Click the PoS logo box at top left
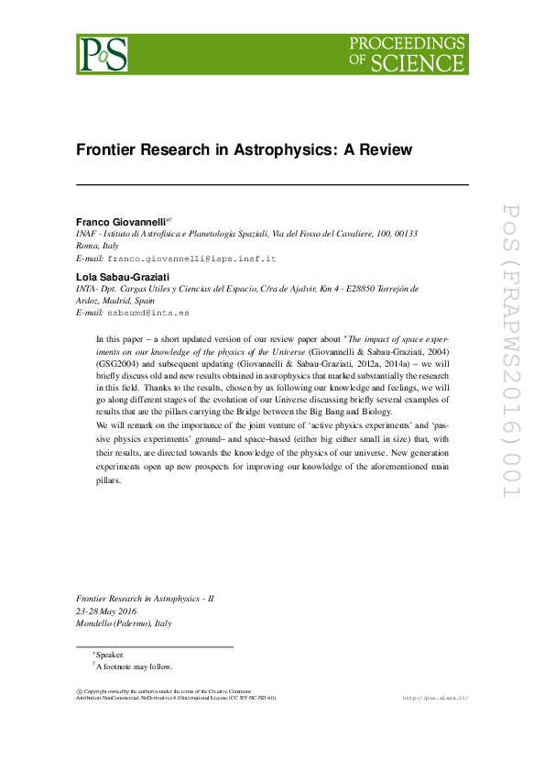pos(102,54)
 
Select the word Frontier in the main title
pos(106,149)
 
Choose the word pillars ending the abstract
pos(109,478)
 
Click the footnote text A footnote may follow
pos(135,667)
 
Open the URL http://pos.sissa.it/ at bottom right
pos(436,698)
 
